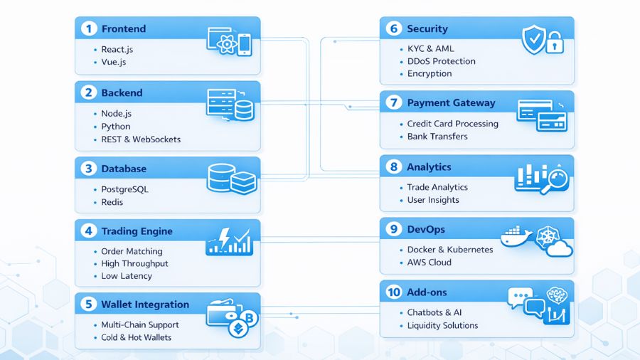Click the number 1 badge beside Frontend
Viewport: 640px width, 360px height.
(x=88, y=29)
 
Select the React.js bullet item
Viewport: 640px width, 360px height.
(x=117, y=50)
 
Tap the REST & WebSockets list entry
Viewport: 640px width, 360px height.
(x=141, y=139)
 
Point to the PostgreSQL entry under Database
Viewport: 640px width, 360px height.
(x=124, y=190)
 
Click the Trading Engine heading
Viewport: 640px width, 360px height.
(x=137, y=231)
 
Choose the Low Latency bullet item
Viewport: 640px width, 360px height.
(x=126, y=276)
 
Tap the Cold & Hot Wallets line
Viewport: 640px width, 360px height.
(x=136, y=337)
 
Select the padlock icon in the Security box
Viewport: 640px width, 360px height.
(x=555, y=44)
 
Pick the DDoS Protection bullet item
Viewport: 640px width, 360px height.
(x=441, y=61)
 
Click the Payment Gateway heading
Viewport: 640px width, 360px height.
(x=451, y=103)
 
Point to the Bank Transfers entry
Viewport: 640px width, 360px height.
(x=437, y=136)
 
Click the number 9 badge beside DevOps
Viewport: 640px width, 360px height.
(x=393, y=229)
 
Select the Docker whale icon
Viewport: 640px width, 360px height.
(x=517, y=238)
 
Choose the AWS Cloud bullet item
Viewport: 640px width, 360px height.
(x=429, y=263)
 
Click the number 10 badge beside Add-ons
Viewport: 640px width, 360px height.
(x=393, y=292)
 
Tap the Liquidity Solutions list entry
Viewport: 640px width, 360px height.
(x=442, y=325)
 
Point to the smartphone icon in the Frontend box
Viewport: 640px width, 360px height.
(x=245, y=44)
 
